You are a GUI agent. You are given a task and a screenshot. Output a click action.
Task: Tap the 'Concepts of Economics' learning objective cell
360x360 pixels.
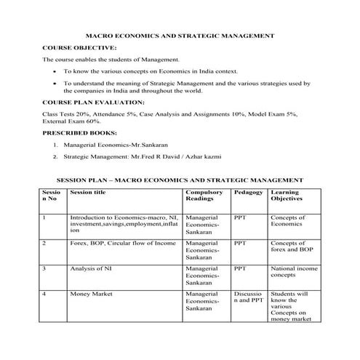coord(287,220)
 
